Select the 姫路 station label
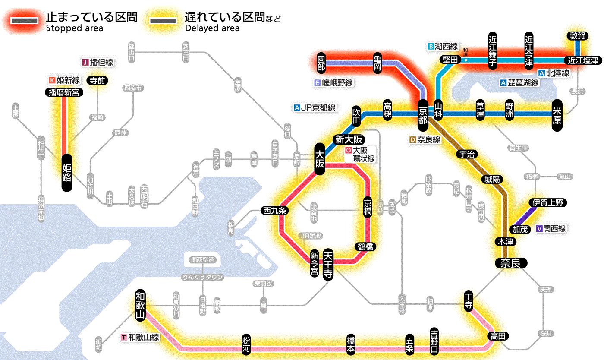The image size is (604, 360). click(67, 173)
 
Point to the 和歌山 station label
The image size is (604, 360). click(140, 305)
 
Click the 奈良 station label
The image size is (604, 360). click(510, 263)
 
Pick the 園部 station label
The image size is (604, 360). click(321, 63)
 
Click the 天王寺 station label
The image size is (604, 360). click(328, 265)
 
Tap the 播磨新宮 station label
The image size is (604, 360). click(64, 92)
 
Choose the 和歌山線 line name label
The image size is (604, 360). click(140, 337)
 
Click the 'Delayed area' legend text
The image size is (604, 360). click(212, 28)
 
